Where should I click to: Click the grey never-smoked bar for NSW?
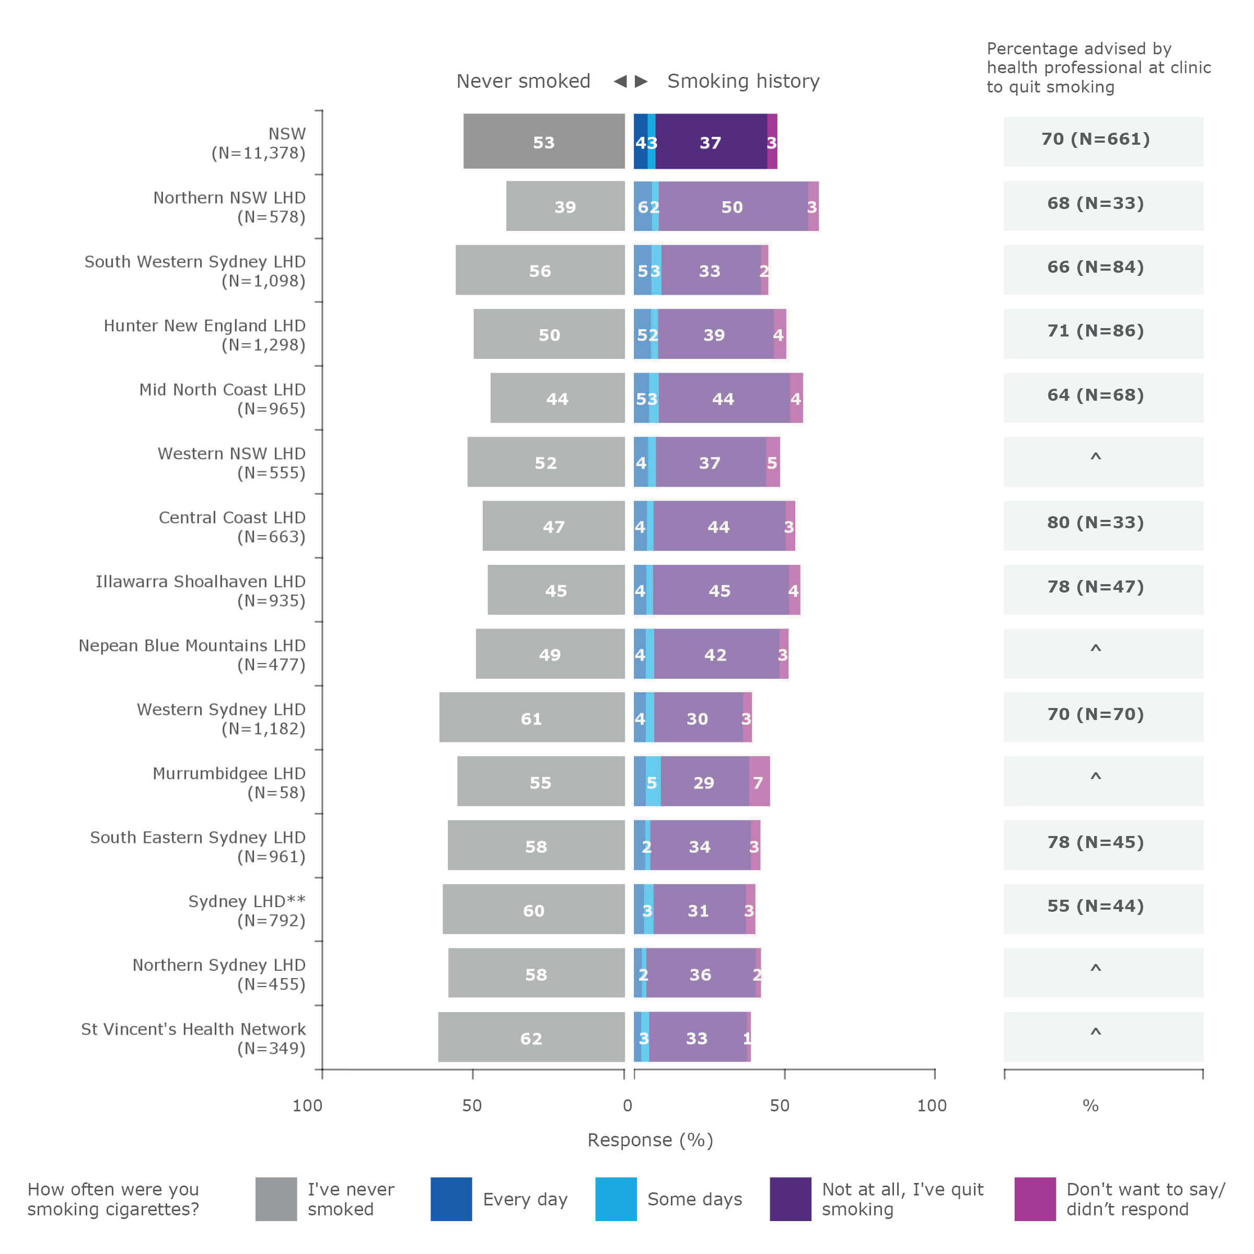(544, 142)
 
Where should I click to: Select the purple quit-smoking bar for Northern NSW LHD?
(733, 206)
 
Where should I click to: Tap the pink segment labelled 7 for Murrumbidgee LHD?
(759, 782)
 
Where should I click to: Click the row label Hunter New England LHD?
(204, 334)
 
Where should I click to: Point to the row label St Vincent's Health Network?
(193, 1037)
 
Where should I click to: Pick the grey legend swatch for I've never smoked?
(276, 1199)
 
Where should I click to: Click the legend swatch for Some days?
(616, 1199)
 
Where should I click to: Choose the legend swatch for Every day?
(451, 1199)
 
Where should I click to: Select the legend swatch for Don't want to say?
(1035, 1199)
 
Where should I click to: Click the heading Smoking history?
(743, 81)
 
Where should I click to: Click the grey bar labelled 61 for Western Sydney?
(531, 717)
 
